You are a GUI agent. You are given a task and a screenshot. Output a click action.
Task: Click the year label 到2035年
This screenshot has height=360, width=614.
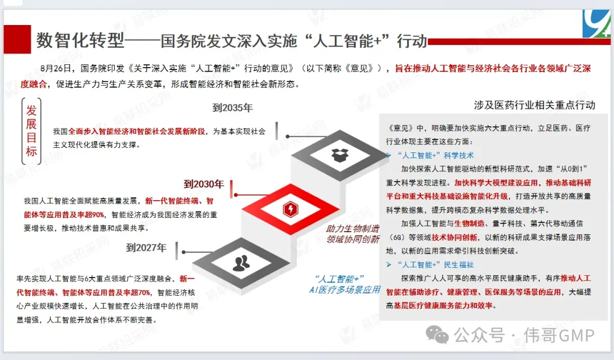pos(233,107)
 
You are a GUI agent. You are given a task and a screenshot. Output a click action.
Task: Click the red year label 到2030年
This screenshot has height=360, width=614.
pos(204,184)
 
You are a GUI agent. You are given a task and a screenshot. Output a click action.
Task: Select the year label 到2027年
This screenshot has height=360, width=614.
pos(146,247)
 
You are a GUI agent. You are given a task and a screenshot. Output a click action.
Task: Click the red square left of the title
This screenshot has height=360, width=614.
pos(16,39)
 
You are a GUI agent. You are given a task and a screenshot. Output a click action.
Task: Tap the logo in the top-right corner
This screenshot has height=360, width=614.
pos(598,23)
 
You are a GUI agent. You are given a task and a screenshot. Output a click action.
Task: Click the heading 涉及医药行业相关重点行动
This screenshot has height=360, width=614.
pos(534,105)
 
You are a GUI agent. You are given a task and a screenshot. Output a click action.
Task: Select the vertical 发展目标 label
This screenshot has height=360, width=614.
pos(31,130)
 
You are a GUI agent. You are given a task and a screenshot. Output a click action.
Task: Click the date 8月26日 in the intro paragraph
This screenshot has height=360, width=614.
pos(57,69)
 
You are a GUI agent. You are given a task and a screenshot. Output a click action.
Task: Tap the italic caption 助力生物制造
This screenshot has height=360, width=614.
pos(352,229)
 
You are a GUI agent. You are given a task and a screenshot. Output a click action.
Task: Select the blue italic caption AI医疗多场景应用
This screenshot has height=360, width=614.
pos(345,289)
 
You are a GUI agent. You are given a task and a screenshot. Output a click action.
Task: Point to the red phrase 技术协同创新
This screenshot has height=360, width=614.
pos(453,237)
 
